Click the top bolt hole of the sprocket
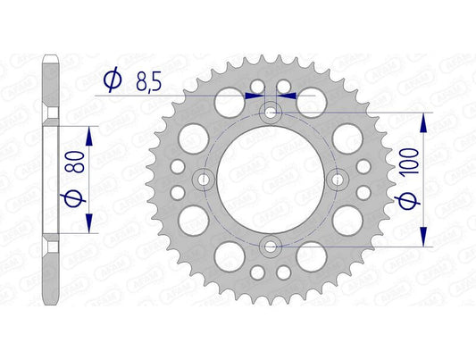point(271,113)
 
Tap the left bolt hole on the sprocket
point(205,180)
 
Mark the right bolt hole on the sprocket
point(338,180)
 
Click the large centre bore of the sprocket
point(271,180)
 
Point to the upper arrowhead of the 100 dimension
point(423,120)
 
